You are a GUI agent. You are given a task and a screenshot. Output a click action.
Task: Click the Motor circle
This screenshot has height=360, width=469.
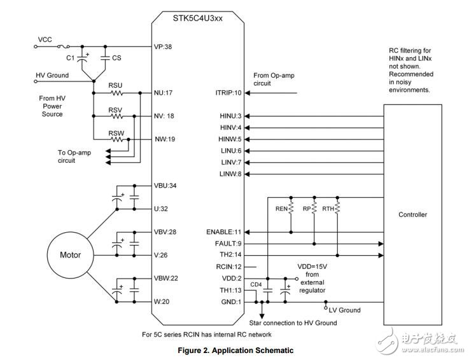coord(71,255)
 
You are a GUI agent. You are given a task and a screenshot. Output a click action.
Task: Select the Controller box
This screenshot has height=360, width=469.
coord(412,214)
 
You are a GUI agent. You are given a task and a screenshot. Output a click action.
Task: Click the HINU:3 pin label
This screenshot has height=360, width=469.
coord(230,116)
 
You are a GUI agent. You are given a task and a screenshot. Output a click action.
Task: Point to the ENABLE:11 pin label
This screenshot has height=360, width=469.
coord(225,232)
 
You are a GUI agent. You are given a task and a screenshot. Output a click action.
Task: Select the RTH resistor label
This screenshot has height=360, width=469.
coord(329,207)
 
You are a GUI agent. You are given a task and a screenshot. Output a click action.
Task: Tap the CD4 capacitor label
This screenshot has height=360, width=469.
coord(256,284)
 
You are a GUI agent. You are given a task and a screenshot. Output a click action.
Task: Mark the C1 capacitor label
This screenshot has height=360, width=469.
coord(71,58)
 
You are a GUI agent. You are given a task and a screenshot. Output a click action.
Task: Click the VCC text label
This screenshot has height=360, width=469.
coord(45,39)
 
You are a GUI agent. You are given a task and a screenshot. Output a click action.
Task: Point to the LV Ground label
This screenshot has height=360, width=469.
coord(344,310)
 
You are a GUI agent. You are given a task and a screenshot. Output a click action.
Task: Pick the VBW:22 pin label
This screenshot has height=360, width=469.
coord(166,278)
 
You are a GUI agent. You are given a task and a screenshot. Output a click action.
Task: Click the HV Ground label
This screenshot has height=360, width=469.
coord(52,75)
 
